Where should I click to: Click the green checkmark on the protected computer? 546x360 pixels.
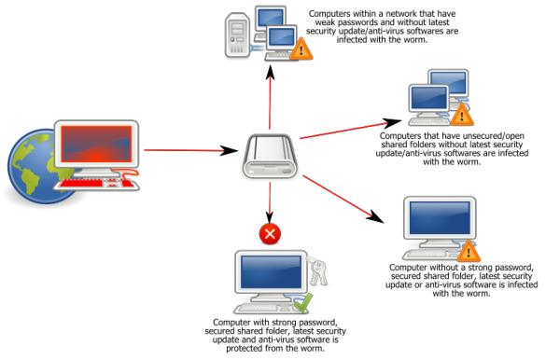pyautogui.click(x=301, y=300)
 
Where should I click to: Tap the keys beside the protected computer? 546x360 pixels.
pyautogui.click(x=317, y=271)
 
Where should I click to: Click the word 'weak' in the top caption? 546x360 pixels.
pyautogui.click(x=323, y=22)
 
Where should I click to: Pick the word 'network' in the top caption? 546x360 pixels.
pyautogui.click(x=411, y=13)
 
